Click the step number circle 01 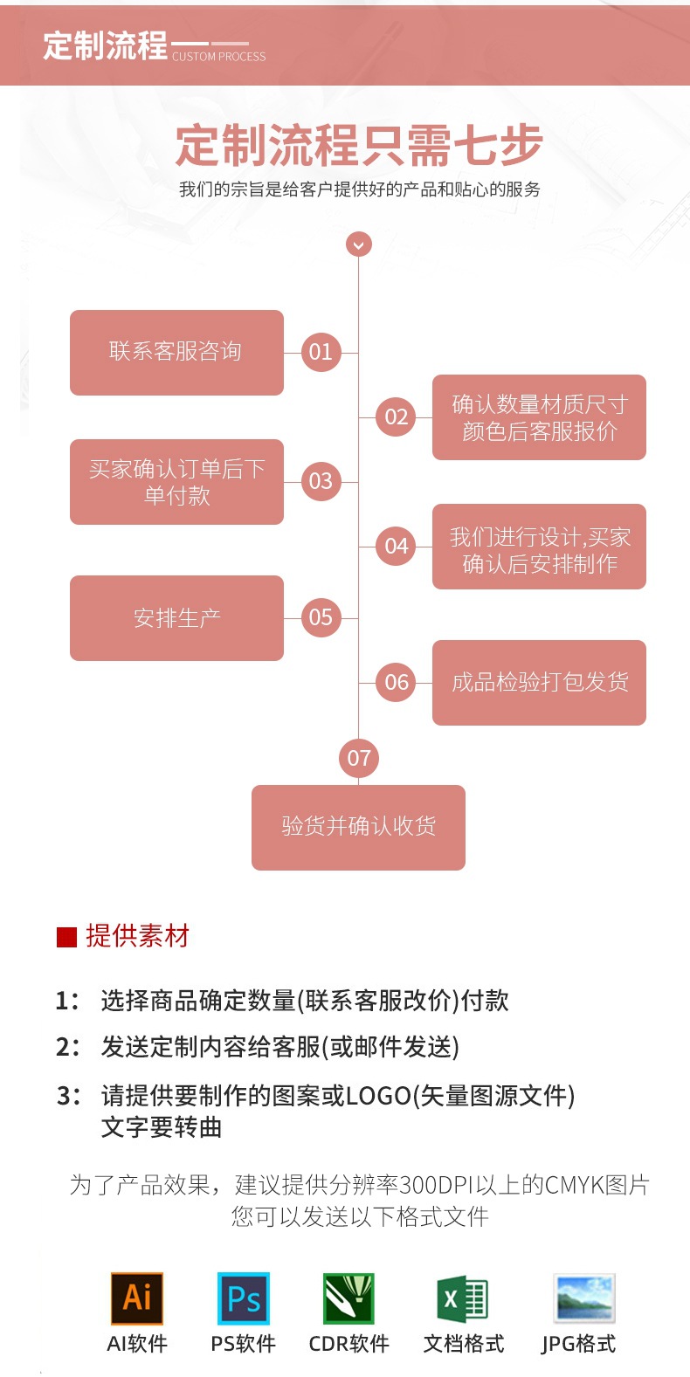[321, 352]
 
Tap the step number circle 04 [397, 547]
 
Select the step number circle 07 [359, 758]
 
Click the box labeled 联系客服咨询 [176, 352]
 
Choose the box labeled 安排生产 [176, 617]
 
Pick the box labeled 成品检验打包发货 [539, 682]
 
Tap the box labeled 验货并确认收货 [358, 827]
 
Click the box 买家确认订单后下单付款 [176, 482]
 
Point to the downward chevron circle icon [359, 244]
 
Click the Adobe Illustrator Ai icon [137, 1298]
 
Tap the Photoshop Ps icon [243, 1298]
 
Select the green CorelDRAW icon [348, 1298]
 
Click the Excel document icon [463, 1298]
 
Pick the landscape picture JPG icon [584, 1298]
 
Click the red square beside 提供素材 [66, 937]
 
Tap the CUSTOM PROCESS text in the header [218, 57]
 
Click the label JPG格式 [578, 1344]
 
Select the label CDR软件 [348, 1344]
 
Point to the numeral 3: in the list [68, 1095]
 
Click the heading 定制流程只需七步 [359, 145]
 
